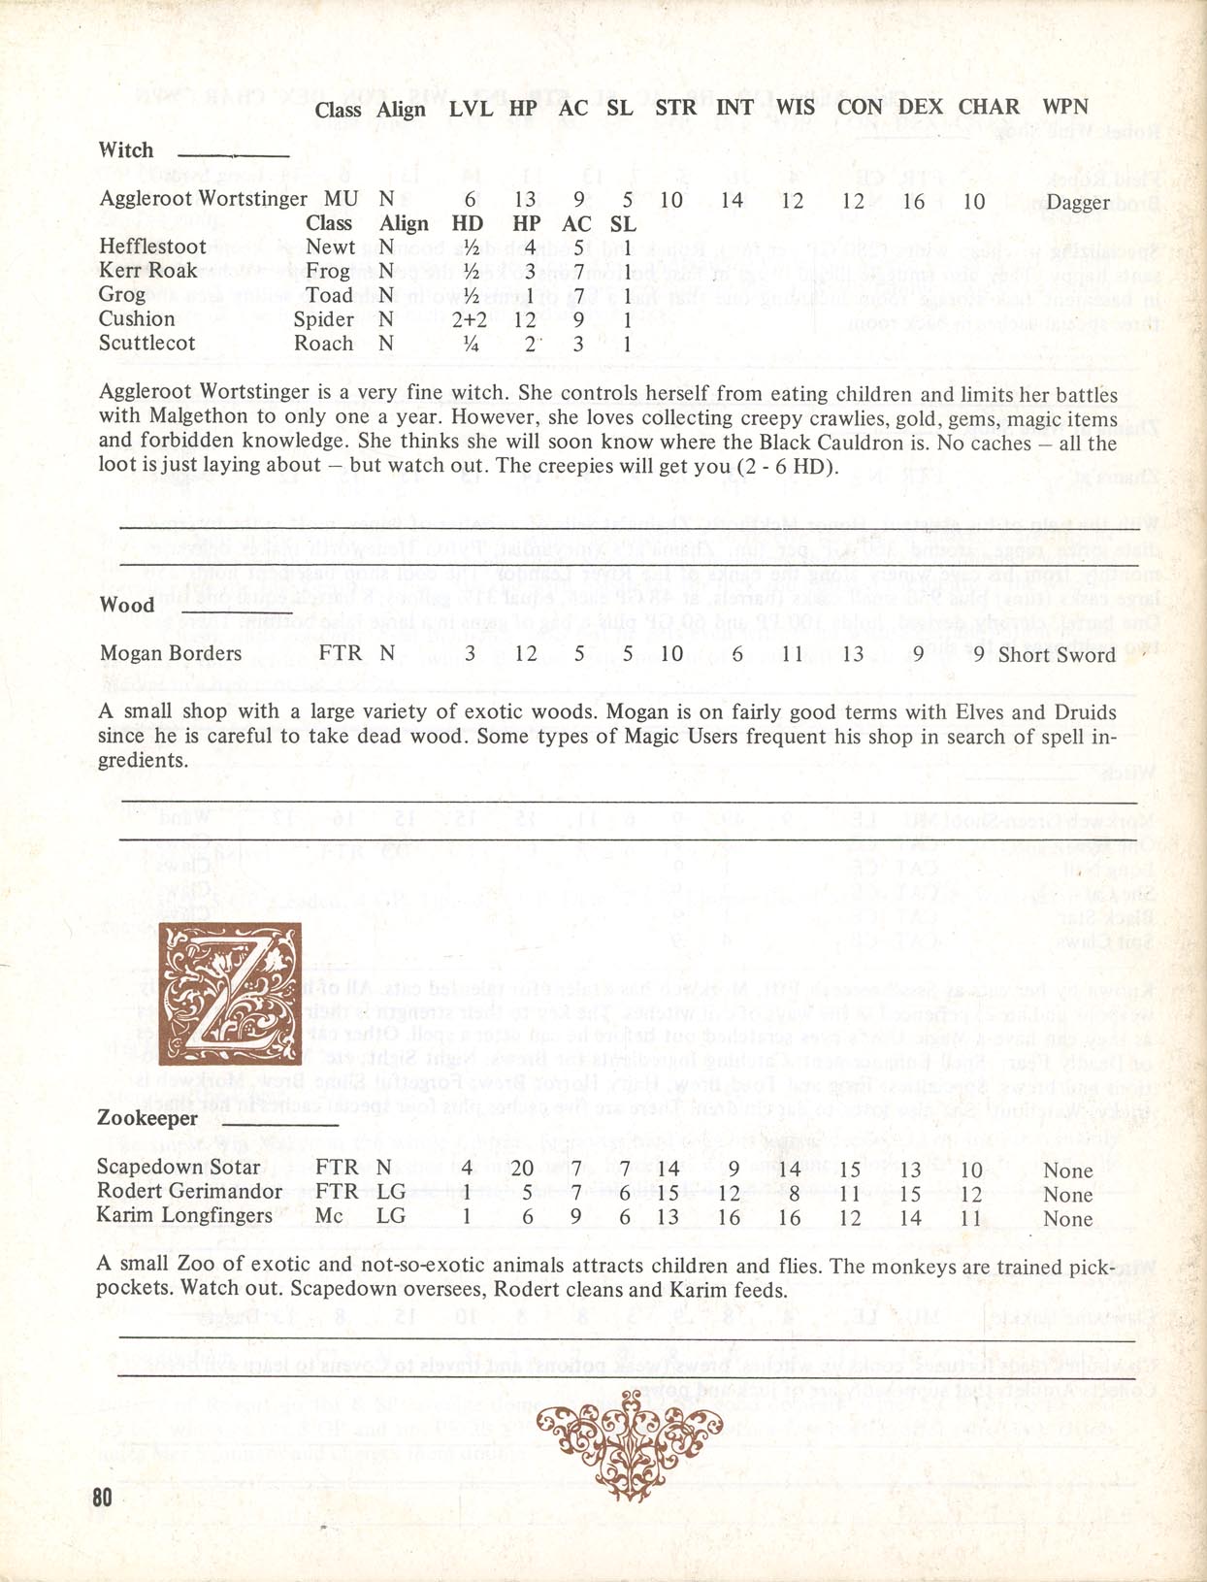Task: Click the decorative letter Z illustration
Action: pos(229,994)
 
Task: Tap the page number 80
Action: pos(103,1497)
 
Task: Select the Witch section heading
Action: pos(126,150)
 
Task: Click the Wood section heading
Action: pos(126,606)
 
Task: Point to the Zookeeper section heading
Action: pos(147,1118)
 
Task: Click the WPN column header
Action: pos(1064,107)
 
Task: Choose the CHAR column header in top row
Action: pos(989,107)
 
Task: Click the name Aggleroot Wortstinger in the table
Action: pos(203,199)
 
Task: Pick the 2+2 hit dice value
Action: pos(469,319)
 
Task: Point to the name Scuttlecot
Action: pos(147,343)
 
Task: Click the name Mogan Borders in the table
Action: pos(171,653)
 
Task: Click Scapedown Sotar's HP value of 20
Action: pos(522,1169)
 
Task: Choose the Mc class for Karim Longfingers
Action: pos(329,1215)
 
